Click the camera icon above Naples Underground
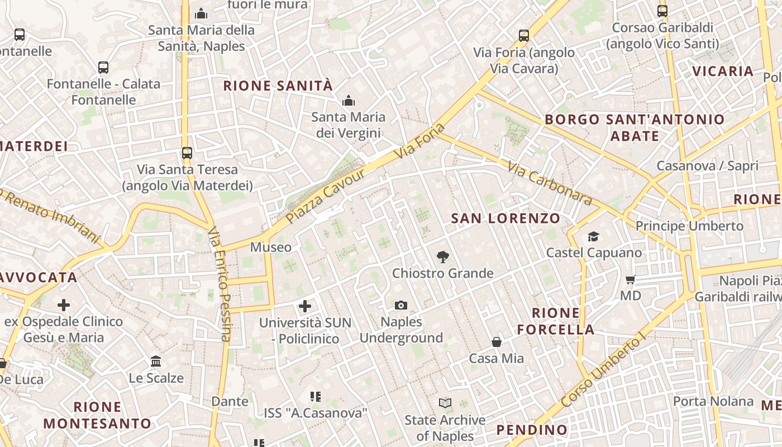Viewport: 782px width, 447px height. [400, 305]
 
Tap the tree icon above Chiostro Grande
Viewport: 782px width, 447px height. [443, 257]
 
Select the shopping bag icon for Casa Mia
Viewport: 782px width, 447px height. [496, 341]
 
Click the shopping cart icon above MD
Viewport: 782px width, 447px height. [631, 279]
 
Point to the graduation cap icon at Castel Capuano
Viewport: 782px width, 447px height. [593, 237]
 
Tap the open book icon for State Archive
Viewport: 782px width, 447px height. [445, 403]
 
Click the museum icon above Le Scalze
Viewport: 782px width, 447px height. [156, 362]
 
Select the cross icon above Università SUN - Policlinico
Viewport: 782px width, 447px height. [305, 306]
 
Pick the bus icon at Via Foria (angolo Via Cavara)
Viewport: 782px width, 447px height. [523, 36]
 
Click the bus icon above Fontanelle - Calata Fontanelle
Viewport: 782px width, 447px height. [103, 68]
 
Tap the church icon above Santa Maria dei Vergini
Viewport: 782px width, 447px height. [349, 101]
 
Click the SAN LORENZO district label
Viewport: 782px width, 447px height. [506, 218]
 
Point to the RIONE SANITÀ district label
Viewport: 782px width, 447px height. [278, 86]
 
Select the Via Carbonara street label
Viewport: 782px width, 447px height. [550, 183]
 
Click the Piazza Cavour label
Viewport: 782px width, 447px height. [325, 196]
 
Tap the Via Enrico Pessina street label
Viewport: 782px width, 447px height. [220, 283]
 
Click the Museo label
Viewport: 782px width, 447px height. [271, 247]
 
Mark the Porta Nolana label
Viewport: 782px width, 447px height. [713, 401]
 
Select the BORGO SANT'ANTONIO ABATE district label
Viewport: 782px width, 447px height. [635, 127]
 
